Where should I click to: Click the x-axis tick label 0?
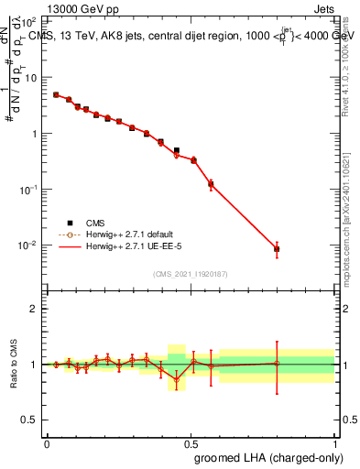tap(47, 442)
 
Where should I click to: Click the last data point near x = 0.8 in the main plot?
tap(277, 248)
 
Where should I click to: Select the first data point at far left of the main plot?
tap(56, 94)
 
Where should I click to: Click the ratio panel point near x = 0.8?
tap(277, 364)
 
